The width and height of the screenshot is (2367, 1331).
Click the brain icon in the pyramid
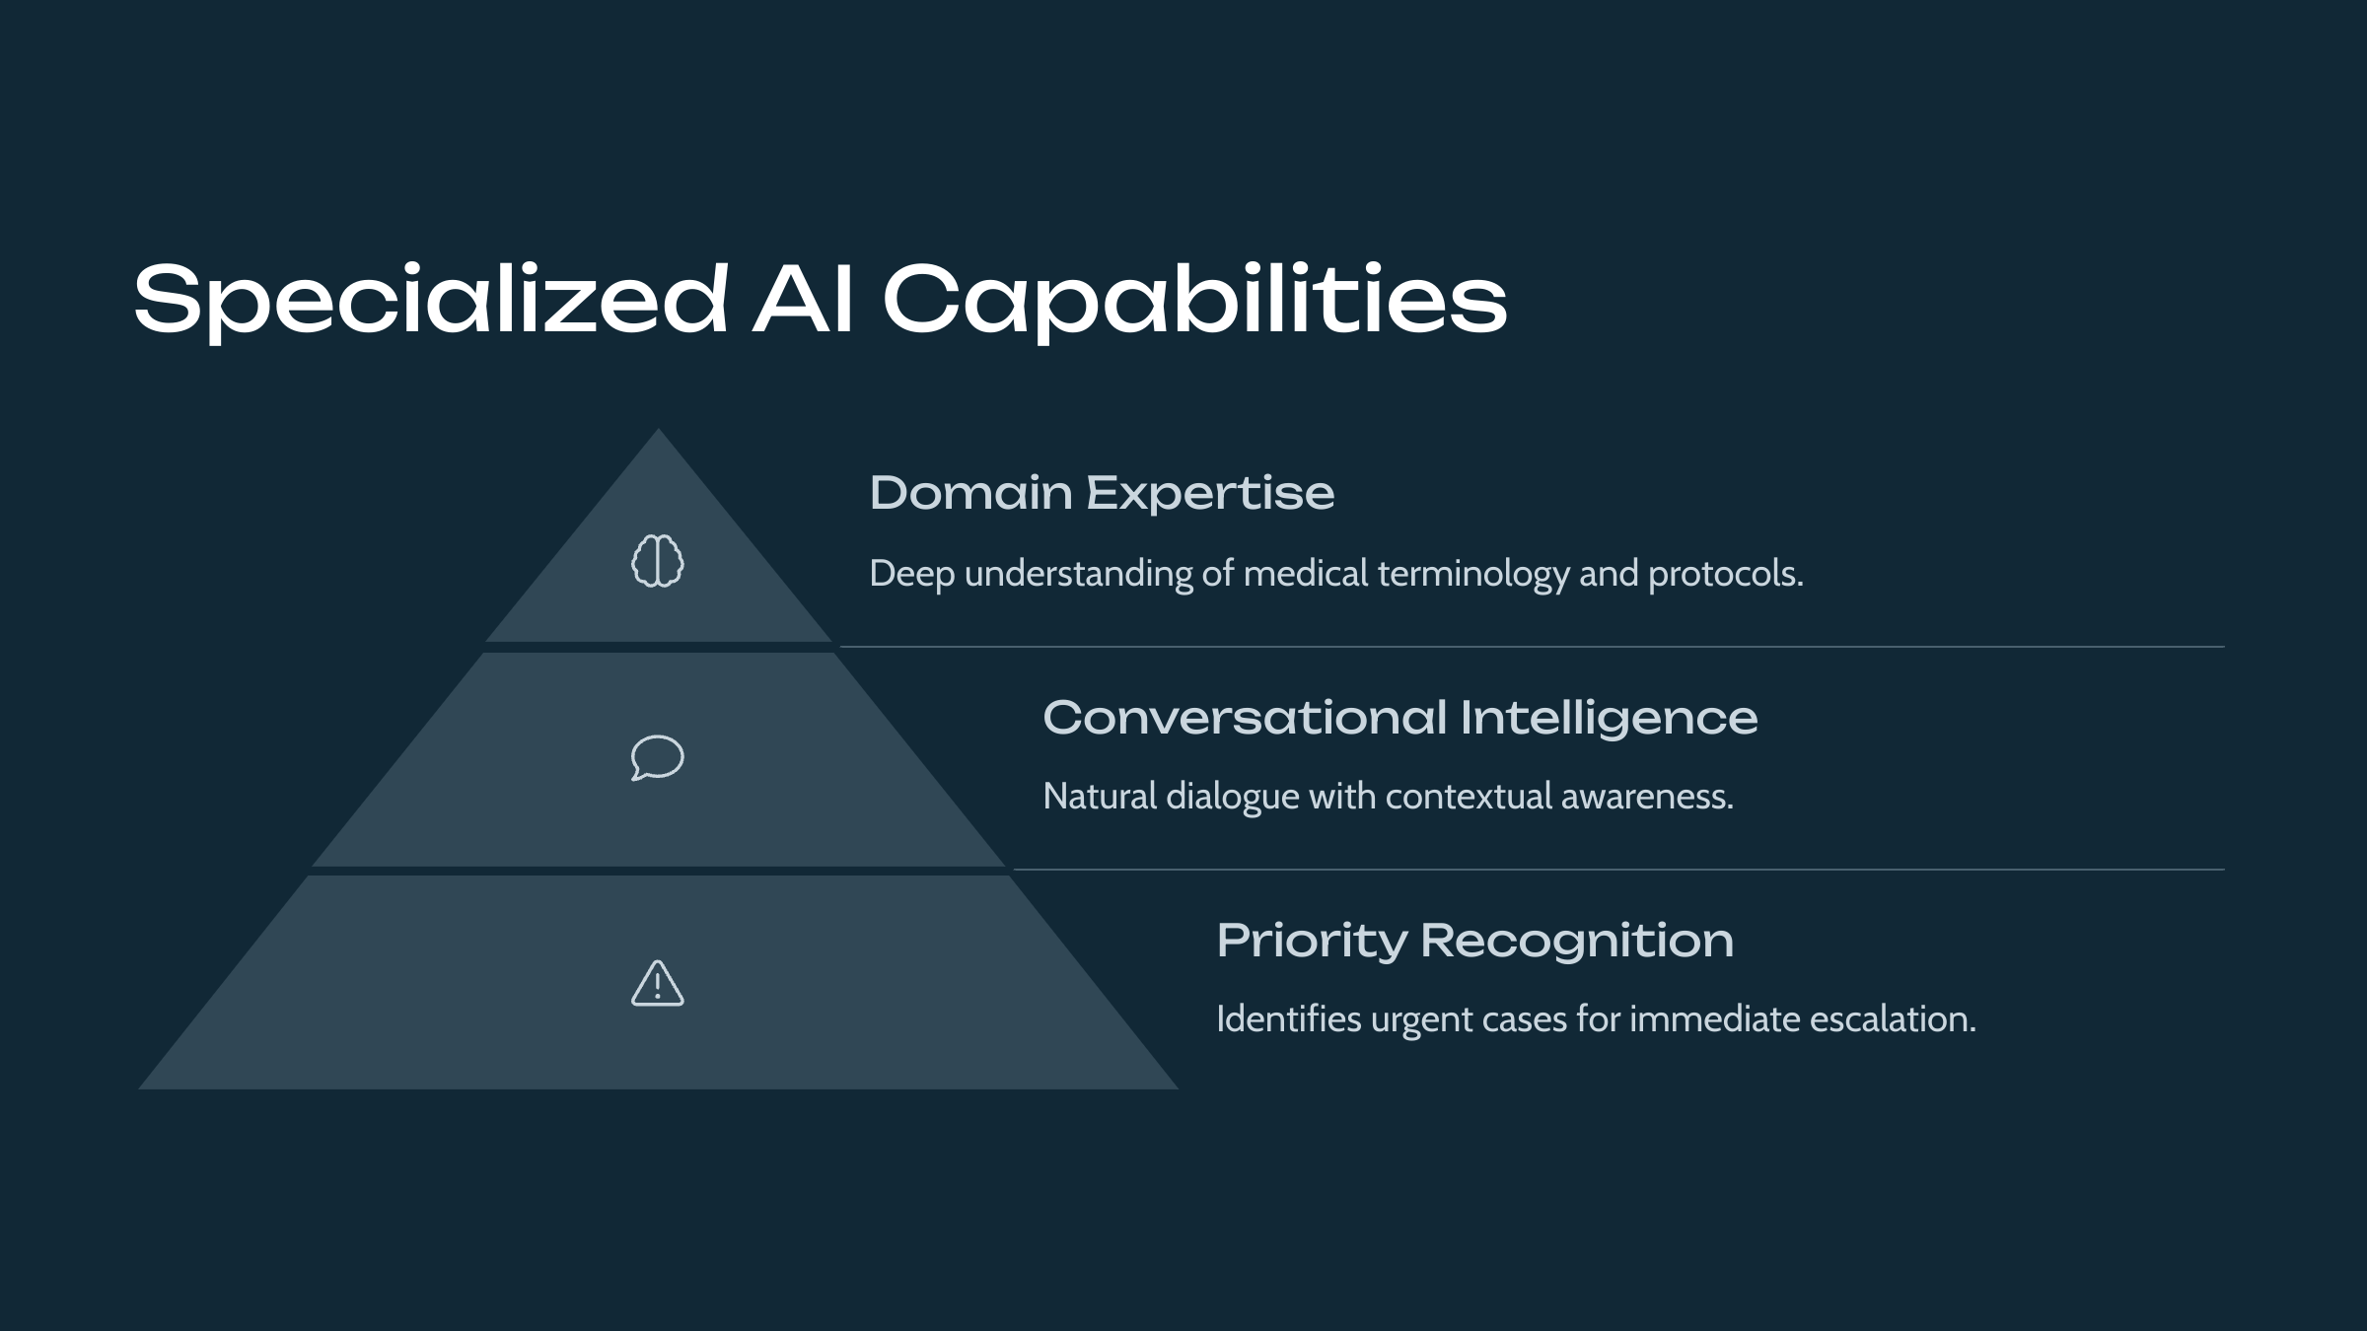click(658, 561)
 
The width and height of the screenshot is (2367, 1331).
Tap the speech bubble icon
click(658, 757)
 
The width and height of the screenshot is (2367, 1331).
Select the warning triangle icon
click(658, 983)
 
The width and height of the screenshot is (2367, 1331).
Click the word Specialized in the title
click(431, 300)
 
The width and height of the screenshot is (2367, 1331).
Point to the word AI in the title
click(803, 300)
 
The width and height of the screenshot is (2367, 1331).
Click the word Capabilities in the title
click(1194, 300)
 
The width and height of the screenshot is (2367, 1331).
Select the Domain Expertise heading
click(1102, 493)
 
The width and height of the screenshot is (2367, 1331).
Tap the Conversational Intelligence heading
click(1399, 717)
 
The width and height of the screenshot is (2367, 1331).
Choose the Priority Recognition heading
click(1474, 940)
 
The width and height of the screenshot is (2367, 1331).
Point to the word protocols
click(1725, 574)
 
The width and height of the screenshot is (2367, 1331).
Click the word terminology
click(1473, 574)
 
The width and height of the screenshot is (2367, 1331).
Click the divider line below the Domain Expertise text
click(1529, 647)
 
